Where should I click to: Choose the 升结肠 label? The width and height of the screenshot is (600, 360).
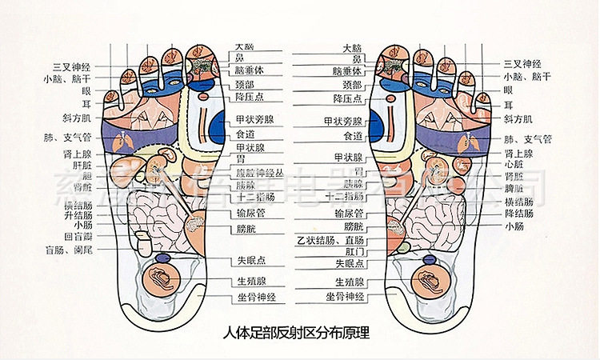(x=78, y=215)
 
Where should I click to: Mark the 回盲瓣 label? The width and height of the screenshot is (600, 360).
(x=78, y=238)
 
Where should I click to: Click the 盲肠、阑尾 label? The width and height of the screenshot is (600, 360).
(x=73, y=250)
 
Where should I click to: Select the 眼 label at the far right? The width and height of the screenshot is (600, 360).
(x=508, y=90)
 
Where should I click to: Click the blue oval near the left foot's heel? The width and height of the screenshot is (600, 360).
(x=162, y=258)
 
